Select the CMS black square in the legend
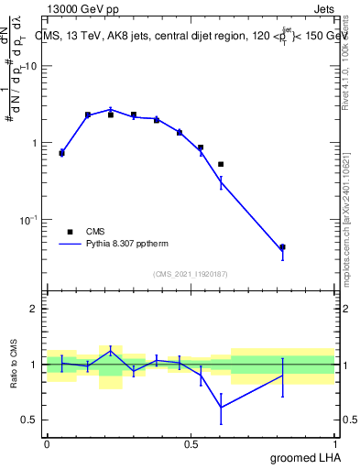(x=70, y=232)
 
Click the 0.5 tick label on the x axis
(x=191, y=444)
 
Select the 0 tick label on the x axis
(x=47, y=444)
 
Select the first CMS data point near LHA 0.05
(x=61, y=153)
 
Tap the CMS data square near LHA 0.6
(x=221, y=164)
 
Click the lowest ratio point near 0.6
(x=221, y=408)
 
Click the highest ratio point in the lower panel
(x=111, y=349)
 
